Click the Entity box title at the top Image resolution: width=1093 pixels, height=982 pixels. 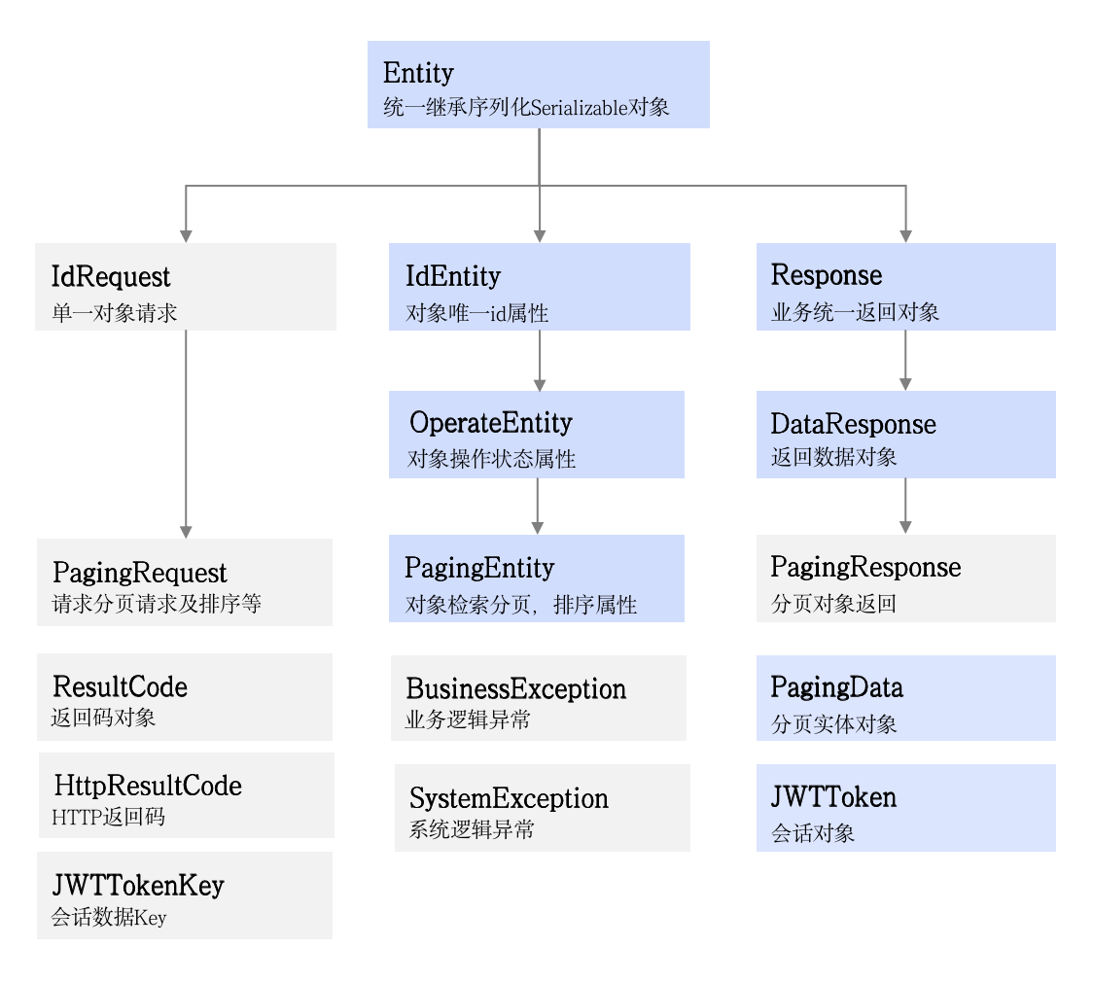[418, 73]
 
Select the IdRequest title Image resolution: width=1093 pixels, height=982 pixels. [110, 277]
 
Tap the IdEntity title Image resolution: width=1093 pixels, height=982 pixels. [452, 277]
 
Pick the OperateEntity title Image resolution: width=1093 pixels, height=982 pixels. [490, 423]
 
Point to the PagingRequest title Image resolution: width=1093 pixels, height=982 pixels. [139, 573]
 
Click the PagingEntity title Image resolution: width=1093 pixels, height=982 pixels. [479, 568]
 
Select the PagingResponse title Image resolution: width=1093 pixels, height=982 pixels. [865, 568]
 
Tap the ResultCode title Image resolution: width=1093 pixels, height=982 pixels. [120, 687]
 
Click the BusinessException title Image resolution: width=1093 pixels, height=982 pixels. [515, 689]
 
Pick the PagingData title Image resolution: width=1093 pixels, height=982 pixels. [836, 688]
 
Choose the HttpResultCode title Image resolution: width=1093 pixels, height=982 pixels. [148, 786]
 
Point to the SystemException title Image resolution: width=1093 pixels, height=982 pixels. [509, 799]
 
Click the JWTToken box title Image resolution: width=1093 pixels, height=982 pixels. [833, 798]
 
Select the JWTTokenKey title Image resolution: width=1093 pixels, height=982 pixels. [138, 886]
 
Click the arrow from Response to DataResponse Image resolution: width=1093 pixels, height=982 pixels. [905, 361]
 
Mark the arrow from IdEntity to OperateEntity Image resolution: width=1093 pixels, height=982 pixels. [540, 361]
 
